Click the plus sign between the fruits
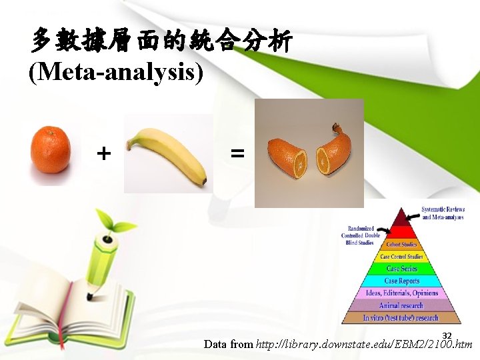pos(103,155)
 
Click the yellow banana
pos(167,154)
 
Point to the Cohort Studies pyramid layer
pos(401,245)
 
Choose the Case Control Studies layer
pos(401,257)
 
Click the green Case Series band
pos(401,269)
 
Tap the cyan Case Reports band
pos(401,281)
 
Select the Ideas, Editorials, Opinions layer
pos(401,293)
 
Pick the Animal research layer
pos(401,305)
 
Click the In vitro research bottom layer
pos(401,317)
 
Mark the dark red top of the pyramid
pos(401,219)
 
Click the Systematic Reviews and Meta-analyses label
pos(443,213)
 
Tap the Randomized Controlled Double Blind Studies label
pos(360,235)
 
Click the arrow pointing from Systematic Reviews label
pos(415,215)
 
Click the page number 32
pos(447,335)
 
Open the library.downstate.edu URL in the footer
pos(364,345)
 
